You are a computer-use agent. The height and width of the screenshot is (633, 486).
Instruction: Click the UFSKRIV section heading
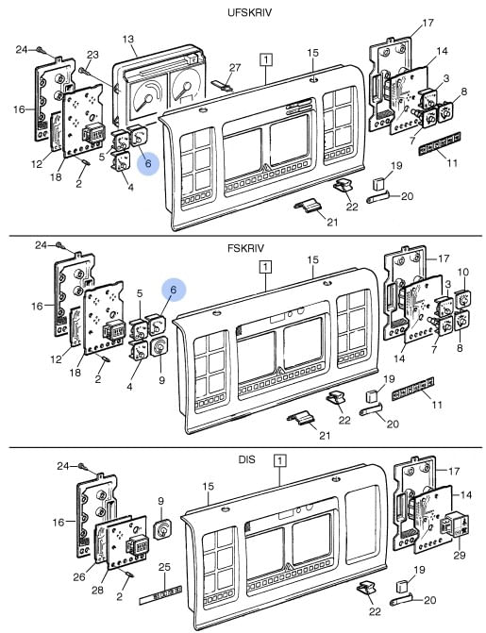[249, 12]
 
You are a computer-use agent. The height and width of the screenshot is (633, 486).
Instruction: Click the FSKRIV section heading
[245, 248]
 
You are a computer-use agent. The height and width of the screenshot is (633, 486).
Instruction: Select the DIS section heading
[247, 459]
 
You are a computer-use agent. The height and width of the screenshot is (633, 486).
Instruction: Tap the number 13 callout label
[128, 40]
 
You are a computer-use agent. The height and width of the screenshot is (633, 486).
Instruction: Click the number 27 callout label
[235, 67]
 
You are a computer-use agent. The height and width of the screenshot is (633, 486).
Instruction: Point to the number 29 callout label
[460, 555]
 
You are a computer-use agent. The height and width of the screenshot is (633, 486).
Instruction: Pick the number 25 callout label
[164, 567]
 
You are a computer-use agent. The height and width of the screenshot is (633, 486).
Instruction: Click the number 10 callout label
[463, 272]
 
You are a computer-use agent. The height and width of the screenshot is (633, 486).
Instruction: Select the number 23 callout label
[92, 55]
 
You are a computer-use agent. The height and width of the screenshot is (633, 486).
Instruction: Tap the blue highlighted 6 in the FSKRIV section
[174, 290]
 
